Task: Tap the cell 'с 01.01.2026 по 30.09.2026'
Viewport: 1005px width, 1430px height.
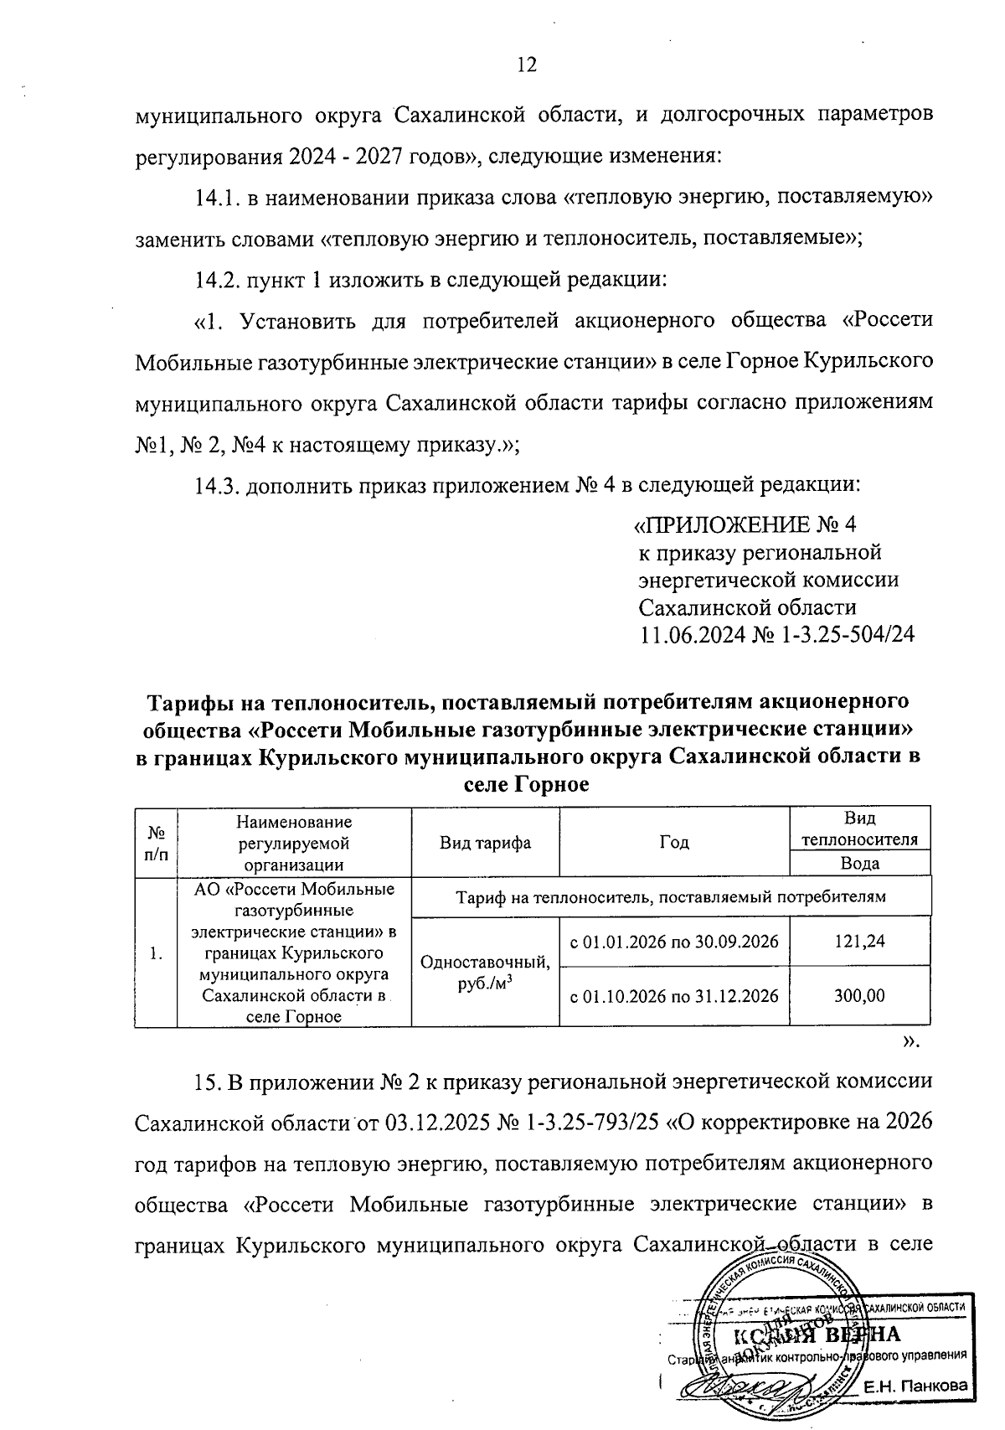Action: coord(674,942)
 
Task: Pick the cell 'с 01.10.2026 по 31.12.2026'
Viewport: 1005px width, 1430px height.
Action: coord(674,996)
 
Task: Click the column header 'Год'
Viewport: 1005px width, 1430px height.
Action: coord(674,843)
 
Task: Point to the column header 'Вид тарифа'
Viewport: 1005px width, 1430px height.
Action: coord(486,843)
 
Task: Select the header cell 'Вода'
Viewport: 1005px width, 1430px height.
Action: coord(859,864)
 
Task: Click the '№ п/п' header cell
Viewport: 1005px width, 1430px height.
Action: coord(157,843)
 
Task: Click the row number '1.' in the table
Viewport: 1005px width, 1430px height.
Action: coord(156,953)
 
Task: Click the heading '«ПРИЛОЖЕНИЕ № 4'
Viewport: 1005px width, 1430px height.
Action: coord(745,525)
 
